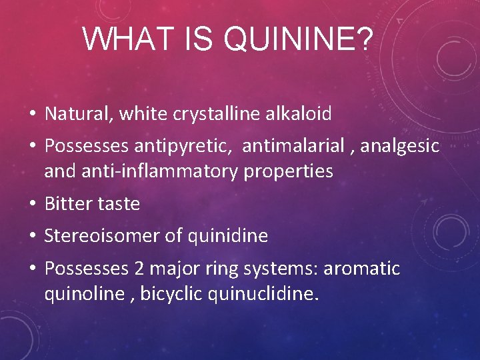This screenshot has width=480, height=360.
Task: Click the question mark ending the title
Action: [x=364, y=39]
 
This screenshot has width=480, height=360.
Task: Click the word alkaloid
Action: [x=301, y=114]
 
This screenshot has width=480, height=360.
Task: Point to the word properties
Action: [x=289, y=171]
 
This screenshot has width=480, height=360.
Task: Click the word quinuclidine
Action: [x=264, y=294]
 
